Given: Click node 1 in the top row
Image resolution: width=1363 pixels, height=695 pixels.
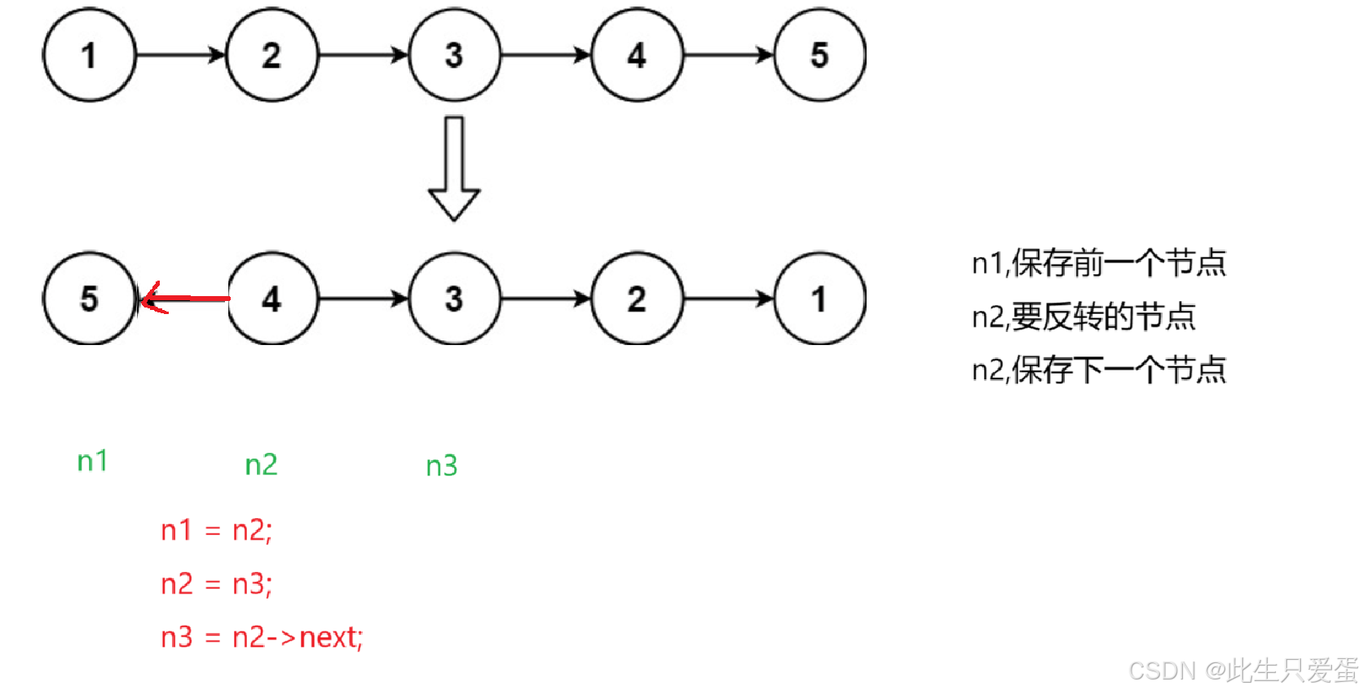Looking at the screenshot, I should click(89, 55).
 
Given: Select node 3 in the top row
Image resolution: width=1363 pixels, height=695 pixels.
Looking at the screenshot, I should click(454, 55).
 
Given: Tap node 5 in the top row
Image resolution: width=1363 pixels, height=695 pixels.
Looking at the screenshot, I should click(819, 55).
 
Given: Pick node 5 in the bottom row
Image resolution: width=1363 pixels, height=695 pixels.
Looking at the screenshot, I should click(89, 299).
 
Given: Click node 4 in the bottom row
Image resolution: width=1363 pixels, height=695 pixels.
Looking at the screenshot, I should click(271, 299).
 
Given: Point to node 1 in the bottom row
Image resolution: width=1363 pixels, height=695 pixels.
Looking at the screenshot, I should click(819, 299).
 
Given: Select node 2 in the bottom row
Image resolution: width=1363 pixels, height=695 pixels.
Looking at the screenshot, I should click(637, 299).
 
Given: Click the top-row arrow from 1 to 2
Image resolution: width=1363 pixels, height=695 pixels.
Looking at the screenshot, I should click(180, 55).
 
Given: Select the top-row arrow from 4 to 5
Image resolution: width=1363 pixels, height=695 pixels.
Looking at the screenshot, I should click(728, 55).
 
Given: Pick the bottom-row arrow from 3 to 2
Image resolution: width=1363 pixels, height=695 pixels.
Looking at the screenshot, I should click(545, 299).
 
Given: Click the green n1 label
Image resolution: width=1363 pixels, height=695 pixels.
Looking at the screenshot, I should click(92, 462).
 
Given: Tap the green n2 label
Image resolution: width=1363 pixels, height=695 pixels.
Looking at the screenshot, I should click(261, 465).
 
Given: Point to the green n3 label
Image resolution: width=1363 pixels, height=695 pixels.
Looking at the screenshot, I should click(442, 466).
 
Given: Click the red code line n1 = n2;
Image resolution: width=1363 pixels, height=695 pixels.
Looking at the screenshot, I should click(216, 530).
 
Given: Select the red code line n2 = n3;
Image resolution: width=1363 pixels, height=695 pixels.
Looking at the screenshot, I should click(216, 584).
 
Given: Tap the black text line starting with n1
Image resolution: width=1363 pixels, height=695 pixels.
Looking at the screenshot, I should click(1098, 263).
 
